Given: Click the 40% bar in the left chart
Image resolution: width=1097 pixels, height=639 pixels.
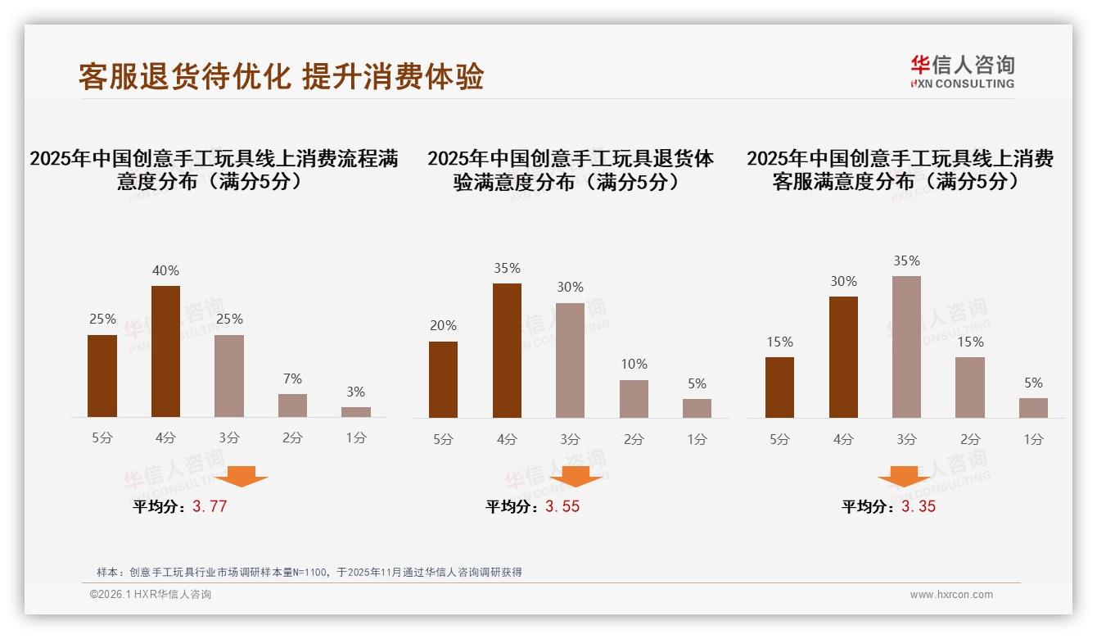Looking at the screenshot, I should (x=165, y=351).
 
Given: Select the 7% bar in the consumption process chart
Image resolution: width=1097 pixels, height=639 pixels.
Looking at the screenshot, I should (x=292, y=406).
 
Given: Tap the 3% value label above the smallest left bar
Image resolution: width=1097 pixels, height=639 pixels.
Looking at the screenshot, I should (x=355, y=392).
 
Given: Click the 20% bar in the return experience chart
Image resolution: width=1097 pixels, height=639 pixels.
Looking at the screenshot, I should (x=443, y=379).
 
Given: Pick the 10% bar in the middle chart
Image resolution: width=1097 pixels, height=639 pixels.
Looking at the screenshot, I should (x=634, y=399).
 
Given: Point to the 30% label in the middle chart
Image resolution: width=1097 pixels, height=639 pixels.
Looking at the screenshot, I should (x=570, y=287).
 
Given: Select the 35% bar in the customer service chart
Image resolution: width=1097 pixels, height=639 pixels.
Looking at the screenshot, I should (x=906, y=347).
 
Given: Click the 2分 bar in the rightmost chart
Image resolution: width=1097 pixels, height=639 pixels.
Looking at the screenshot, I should (x=970, y=387).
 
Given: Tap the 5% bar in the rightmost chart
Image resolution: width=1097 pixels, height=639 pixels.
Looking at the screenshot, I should (x=1033, y=408).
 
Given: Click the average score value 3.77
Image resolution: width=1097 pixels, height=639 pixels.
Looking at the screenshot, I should (x=210, y=506).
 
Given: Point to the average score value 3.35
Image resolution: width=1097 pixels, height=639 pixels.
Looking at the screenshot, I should (x=919, y=506).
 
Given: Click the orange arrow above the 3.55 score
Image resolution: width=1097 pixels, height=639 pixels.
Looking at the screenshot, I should (x=576, y=476).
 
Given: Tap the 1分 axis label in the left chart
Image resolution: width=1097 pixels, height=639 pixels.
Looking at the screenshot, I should (x=355, y=438).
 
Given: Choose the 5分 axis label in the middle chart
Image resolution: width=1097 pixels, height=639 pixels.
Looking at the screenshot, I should (x=443, y=440).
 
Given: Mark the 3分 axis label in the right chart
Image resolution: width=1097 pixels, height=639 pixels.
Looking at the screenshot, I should (x=906, y=440).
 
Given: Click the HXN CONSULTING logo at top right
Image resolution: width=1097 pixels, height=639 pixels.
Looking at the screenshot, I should (x=962, y=72).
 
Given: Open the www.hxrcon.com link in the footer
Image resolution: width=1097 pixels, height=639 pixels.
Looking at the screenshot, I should (x=951, y=595).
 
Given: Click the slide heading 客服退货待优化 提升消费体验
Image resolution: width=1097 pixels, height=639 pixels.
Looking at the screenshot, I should (x=281, y=76).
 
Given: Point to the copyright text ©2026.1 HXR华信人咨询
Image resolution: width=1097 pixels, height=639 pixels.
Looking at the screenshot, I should (x=151, y=595).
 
